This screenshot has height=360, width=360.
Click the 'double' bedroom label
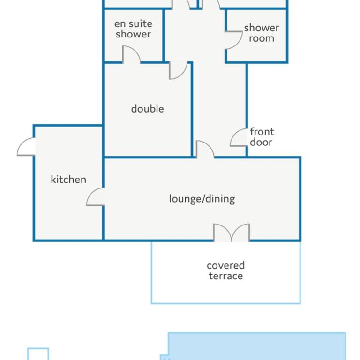147,109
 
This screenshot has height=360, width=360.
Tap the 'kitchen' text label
68,180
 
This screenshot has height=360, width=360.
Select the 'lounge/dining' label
202,199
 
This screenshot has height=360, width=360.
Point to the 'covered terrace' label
225,270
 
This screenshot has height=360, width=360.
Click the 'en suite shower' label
133,29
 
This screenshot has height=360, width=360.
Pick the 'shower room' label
262,33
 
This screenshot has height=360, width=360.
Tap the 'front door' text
262,137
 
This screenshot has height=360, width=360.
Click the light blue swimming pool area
257,346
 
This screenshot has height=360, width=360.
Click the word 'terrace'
225,276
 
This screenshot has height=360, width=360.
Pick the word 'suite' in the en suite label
140,23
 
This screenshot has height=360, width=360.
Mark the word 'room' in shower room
262,38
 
